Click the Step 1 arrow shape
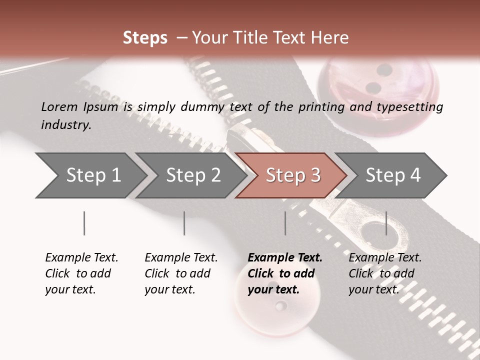click(90, 175)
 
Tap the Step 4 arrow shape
click(391, 175)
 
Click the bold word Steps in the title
click(145, 37)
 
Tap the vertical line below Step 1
click(84, 223)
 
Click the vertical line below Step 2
click(184, 223)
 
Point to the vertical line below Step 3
click(285, 223)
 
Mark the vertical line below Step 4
click(386, 223)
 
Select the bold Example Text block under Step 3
click(284, 273)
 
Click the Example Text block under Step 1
click(81, 273)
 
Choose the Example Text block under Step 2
click(181, 273)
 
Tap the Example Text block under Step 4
click(385, 273)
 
